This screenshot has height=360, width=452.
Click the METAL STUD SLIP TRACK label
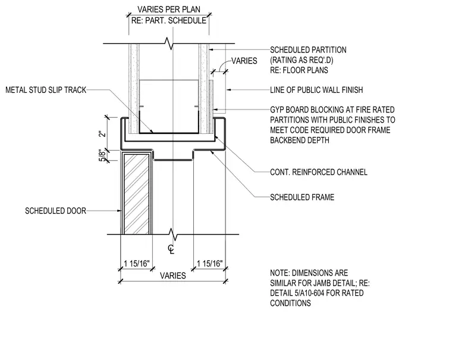(46, 90)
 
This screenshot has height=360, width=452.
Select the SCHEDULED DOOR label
(56, 211)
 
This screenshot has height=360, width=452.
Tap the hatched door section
(137, 194)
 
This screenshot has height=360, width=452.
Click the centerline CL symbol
(171, 249)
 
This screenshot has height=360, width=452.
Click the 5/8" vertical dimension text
(102, 155)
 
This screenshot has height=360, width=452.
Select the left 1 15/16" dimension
(137, 264)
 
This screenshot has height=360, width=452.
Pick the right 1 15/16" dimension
(209, 264)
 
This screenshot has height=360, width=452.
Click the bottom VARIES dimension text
(173, 276)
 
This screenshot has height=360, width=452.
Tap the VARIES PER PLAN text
(169, 10)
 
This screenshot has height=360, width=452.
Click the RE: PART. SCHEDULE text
(169, 21)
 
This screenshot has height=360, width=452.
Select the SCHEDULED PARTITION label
(308, 50)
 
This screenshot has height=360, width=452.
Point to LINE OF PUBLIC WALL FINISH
(316, 90)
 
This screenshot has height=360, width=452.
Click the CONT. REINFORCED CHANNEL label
(319, 172)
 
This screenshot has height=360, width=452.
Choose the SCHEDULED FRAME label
(302, 198)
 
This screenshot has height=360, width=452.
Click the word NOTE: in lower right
(280, 273)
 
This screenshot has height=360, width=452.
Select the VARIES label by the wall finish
(244, 61)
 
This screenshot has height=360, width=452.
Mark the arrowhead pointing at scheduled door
(120, 211)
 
